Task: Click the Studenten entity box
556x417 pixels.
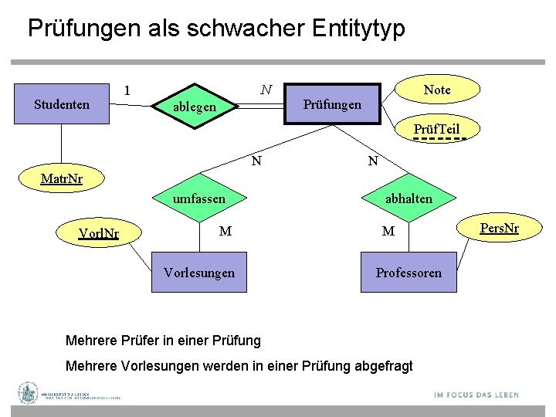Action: [63, 104]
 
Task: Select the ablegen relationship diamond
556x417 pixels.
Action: [195, 107]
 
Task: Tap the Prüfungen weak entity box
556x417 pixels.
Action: [332, 104]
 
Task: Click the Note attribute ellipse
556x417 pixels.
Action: [437, 90]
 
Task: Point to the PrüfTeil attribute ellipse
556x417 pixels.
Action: [436, 129]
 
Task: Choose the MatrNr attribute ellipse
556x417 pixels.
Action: [62, 181]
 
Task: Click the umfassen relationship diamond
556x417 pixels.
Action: [199, 199]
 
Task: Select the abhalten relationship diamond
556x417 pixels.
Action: [409, 199]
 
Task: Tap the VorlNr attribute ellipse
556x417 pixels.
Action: [99, 232]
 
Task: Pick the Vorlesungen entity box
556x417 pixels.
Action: [199, 272]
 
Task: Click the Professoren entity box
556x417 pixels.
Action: [409, 272]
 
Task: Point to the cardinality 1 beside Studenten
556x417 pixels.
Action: [128, 91]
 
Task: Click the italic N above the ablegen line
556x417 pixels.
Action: [266, 90]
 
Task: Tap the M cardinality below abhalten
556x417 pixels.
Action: [388, 231]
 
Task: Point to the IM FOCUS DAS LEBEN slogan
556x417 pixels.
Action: [476, 395]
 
